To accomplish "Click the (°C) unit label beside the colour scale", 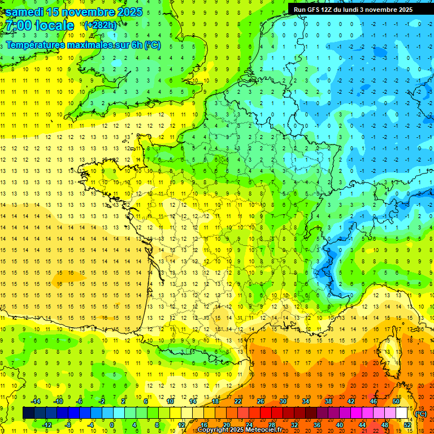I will click(420, 413).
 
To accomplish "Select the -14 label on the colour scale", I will click(36, 401).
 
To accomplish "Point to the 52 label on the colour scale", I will click(407, 424).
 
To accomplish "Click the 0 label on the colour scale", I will click(112, 424).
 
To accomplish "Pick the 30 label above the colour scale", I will click(283, 401).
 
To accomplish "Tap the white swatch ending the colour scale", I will click(402, 413).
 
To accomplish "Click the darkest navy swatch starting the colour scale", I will click(28, 413).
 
